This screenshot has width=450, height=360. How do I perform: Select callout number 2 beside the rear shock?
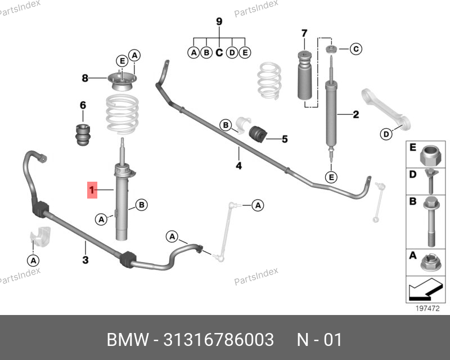[x=355, y=115]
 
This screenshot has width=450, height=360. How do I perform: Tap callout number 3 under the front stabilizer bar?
[x=85, y=260]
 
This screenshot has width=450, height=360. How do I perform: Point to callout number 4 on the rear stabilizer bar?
[x=238, y=165]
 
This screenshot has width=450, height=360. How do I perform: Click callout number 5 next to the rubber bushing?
[x=284, y=138]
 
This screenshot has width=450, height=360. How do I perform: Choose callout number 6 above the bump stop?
[x=82, y=105]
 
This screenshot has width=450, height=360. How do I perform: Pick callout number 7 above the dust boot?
[x=304, y=33]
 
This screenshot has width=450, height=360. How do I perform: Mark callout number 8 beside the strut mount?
[x=85, y=78]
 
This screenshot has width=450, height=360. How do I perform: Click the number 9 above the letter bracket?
[x=219, y=21]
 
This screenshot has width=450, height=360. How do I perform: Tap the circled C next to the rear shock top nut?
[x=355, y=49]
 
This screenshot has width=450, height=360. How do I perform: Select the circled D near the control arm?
[x=386, y=134]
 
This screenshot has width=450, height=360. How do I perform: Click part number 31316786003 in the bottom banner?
[x=218, y=340]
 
